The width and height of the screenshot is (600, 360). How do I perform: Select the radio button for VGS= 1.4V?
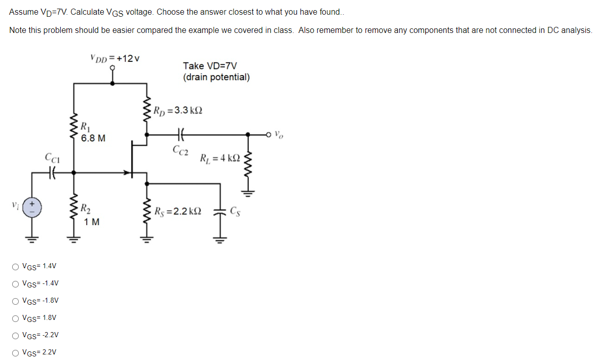(x=16, y=266)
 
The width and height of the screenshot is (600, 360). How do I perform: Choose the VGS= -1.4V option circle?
(x=16, y=283)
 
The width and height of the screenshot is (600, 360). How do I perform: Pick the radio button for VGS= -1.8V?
(x=16, y=301)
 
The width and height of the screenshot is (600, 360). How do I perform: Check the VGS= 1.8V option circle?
(x=16, y=318)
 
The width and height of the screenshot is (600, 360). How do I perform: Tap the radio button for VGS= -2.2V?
(x=16, y=335)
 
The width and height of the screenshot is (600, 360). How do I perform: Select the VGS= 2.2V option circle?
(x=16, y=352)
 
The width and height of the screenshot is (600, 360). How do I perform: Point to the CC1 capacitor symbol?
(x=52, y=173)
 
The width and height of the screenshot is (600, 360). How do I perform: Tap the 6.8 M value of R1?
(x=93, y=138)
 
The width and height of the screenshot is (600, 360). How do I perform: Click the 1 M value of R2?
(x=92, y=222)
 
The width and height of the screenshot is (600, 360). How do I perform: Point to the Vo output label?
(x=279, y=135)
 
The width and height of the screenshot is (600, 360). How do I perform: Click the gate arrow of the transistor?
(x=125, y=173)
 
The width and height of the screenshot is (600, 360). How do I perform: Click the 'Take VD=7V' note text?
(x=210, y=66)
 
